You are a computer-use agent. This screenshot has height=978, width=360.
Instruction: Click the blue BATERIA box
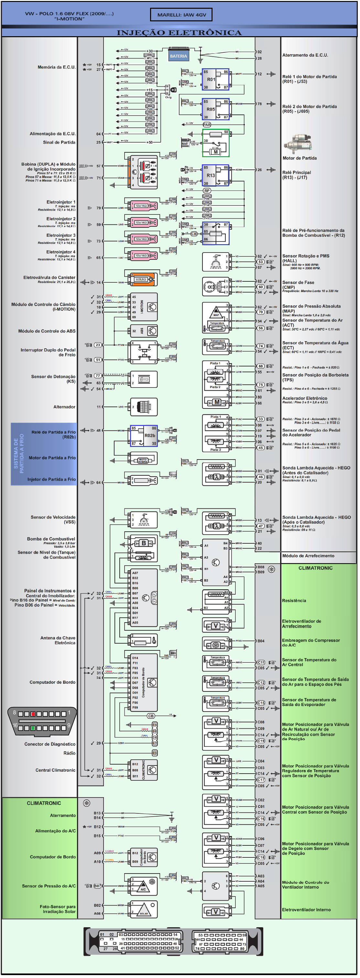[178, 56]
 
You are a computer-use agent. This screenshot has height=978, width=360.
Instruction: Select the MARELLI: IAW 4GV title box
[181, 15]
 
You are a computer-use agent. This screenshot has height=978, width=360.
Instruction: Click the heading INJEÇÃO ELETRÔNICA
[179, 33]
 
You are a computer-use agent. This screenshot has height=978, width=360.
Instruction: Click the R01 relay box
[215, 79]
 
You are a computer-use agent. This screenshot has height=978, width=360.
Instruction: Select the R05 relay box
[215, 109]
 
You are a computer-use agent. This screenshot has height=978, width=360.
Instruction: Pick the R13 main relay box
[215, 175]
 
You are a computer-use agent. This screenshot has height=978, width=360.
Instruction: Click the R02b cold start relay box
[144, 435]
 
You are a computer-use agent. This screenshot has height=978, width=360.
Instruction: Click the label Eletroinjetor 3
[61, 235]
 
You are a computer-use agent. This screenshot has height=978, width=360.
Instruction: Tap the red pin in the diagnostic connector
[33, 714]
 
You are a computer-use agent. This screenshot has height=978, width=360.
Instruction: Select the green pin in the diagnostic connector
[33, 728]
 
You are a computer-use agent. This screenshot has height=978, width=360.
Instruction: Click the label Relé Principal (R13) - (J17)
[297, 175]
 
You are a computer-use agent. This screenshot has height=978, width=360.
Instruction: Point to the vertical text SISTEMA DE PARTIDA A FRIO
[19, 453]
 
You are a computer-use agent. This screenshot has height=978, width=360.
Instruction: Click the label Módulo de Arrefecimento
[308, 556]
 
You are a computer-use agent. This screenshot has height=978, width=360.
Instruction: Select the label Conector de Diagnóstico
[50, 744]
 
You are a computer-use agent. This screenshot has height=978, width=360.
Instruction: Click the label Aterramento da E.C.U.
[305, 55]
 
